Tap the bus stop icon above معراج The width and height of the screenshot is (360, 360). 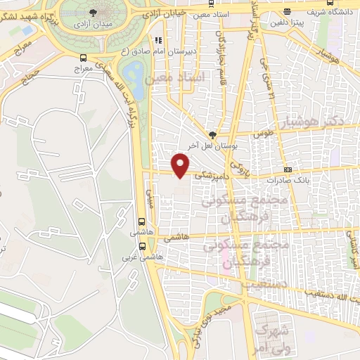pyautogui.click(x=84, y=58)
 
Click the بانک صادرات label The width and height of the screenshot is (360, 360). pyautogui.click(x=310, y=179)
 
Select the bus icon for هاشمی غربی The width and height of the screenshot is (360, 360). pyautogui.click(x=143, y=246)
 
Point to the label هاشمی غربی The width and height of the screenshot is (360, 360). pyautogui.click(x=148, y=257)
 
